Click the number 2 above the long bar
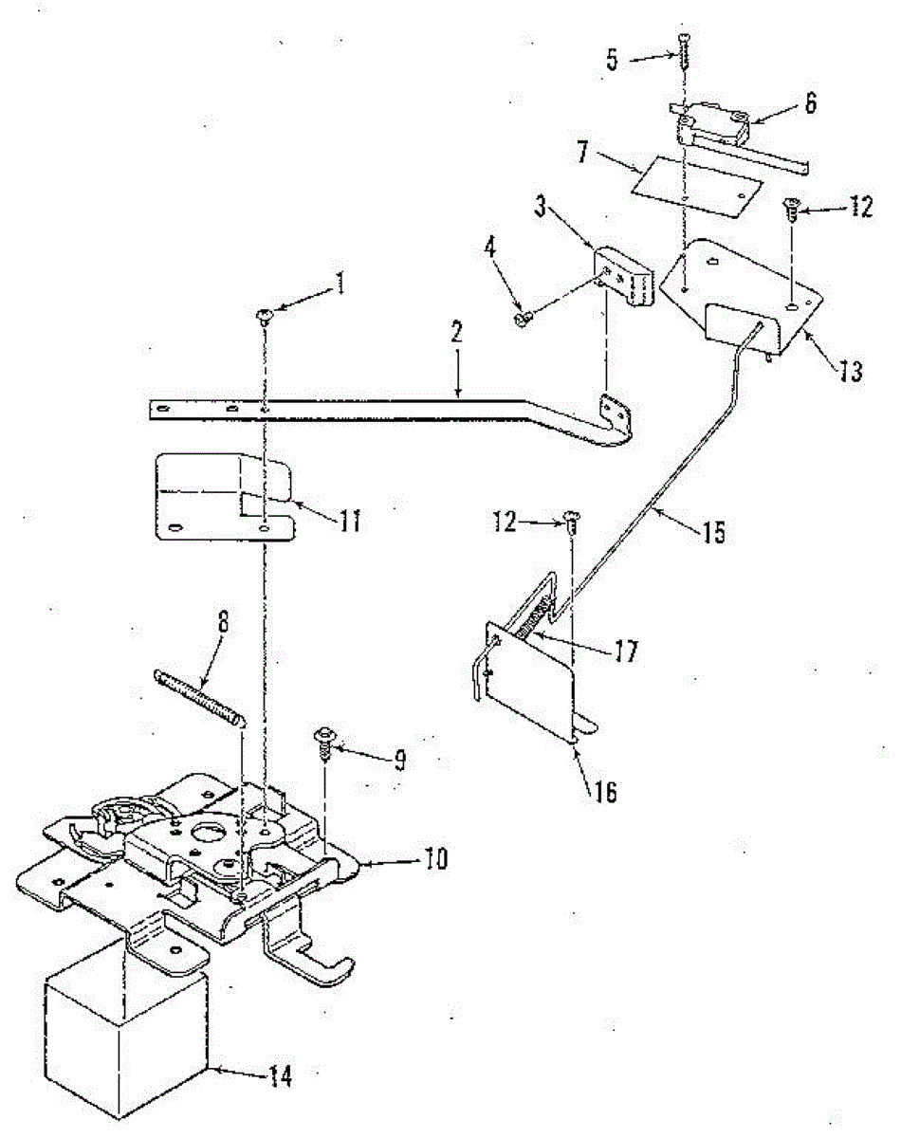click(456, 332)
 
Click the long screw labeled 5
click(684, 47)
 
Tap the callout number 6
click(809, 103)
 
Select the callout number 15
click(712, 533)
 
